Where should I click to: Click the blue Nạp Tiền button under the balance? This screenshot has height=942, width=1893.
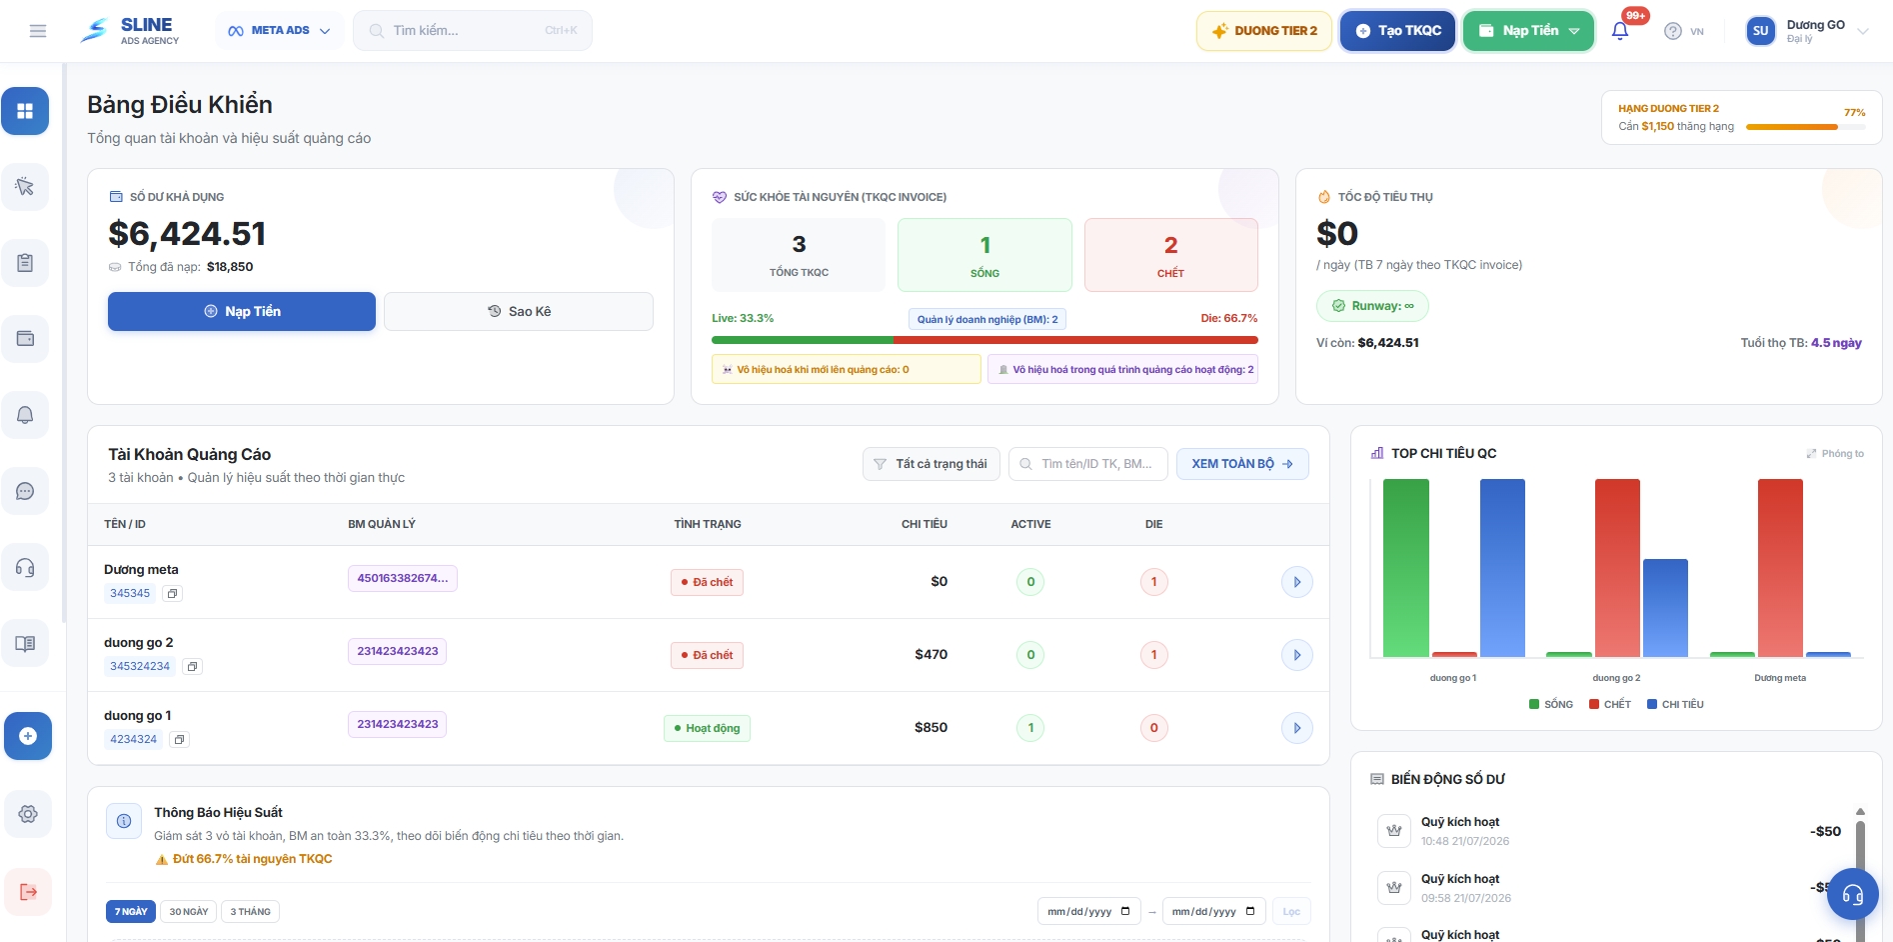(242, 311)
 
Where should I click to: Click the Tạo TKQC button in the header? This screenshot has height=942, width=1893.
(1397, 31)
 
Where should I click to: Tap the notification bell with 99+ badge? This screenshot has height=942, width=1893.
(1620, 31)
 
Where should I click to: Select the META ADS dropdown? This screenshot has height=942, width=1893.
(280, 31)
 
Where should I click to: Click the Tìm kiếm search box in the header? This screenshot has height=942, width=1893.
(473, 31)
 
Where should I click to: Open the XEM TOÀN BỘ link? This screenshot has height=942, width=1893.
(1242, 464)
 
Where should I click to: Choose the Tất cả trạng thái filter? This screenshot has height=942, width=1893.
(931, 464)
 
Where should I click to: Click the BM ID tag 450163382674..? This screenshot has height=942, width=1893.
(403, 578)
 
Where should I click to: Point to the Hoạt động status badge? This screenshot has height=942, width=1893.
(707, 728)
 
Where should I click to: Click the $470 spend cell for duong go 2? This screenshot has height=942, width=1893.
(932, 654)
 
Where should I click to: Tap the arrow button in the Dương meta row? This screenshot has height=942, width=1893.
(1297, 582)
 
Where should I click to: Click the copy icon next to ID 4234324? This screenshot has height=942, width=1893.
(179, 740)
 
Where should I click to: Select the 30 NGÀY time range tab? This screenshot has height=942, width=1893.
(189, 912)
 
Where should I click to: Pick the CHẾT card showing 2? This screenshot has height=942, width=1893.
(1170, 255)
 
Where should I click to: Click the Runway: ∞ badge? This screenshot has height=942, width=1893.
(1372, 306)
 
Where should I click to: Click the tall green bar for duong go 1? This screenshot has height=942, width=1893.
(1406, 568)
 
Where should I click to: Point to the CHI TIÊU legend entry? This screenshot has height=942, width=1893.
(1676, 705)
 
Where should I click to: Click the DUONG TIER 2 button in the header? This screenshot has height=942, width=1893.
(1264, 31)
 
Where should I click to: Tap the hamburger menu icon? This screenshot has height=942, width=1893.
(38, 31)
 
